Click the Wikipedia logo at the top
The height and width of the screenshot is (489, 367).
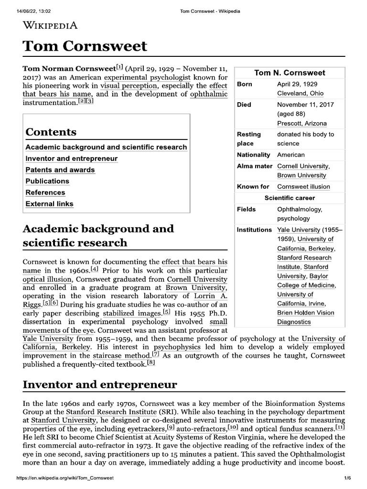50,25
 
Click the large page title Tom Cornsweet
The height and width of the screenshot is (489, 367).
85,47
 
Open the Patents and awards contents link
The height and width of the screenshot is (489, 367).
60,170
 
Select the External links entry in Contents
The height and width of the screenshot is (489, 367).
50,203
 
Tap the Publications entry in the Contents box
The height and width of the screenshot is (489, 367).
47,181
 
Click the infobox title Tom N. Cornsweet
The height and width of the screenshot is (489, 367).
290,73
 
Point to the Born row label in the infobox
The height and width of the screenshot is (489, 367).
245,84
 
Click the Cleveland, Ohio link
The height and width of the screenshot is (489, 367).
300,93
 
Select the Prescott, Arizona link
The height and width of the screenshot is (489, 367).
302,123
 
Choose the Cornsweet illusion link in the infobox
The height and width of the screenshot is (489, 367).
303,186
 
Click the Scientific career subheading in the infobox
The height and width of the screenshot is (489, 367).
290,198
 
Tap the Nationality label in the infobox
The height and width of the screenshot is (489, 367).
253,155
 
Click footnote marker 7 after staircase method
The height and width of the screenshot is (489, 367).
155,354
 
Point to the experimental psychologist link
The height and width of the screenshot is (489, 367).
147,77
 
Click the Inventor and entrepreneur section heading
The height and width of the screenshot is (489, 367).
100,384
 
